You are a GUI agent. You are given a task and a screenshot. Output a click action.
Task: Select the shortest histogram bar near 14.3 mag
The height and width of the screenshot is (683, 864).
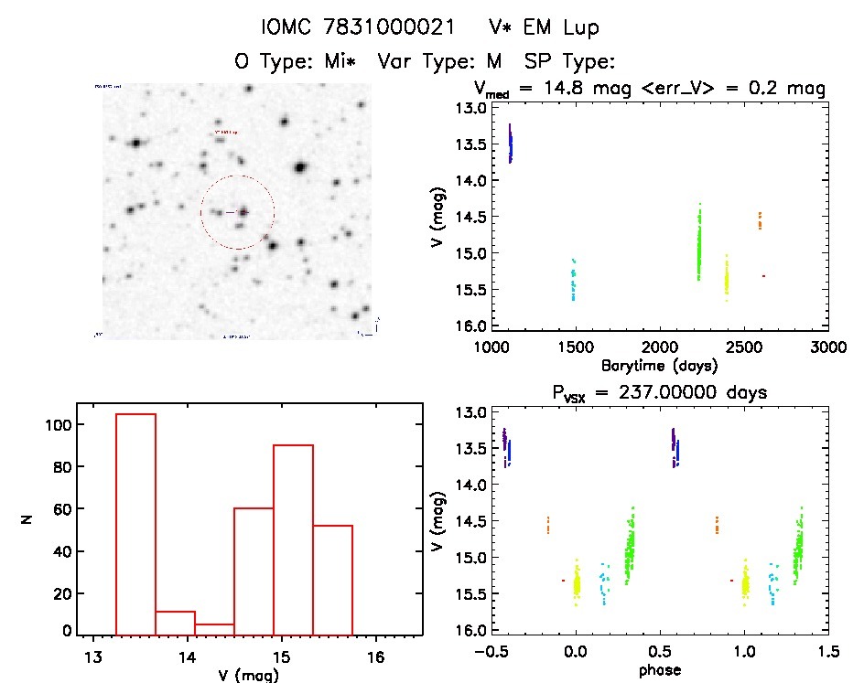214,629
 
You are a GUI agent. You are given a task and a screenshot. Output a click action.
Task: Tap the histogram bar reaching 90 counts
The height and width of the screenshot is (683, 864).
293,539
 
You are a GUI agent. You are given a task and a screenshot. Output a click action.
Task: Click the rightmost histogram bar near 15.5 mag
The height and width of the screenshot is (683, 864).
332,580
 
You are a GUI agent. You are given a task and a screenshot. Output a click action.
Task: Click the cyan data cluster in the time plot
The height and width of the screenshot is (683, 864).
574,280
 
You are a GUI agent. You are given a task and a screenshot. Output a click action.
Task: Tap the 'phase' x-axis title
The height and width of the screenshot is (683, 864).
659,669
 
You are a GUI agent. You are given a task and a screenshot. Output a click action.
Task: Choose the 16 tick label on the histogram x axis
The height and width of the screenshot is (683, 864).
374,657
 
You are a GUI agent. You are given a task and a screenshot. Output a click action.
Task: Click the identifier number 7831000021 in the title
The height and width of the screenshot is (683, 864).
397,28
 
